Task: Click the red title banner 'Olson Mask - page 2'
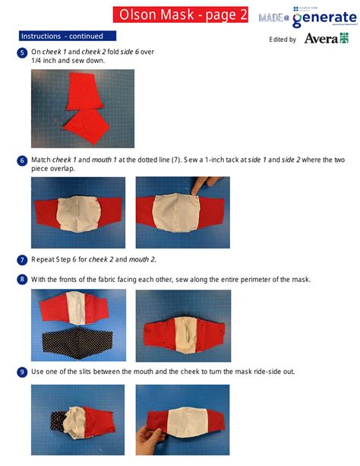(181, 14)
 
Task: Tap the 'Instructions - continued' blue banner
(67, 36)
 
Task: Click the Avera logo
(326, 38)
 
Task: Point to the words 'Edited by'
(283, 40)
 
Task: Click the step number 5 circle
(22, 52)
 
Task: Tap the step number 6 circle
(22, 160)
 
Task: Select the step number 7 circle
(22, 259)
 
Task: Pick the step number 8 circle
(22, 279)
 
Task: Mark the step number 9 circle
(22, 372)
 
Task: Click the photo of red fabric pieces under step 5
(83, 109)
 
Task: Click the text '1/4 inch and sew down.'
(68, 60)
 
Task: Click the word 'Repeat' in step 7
(43, 259)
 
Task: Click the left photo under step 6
(78, 212)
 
